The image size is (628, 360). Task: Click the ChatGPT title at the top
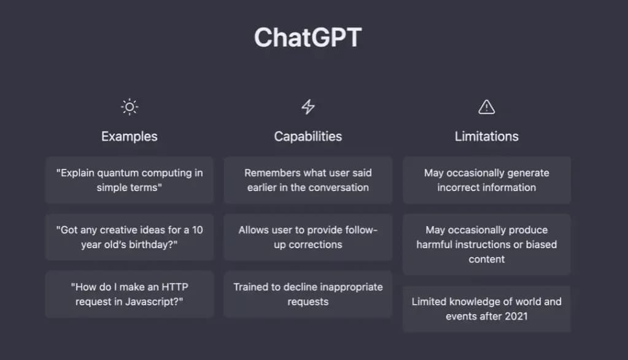tap(308, 37)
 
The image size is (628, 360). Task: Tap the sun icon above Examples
tap(130, 107)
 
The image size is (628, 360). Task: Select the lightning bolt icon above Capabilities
tap(308, 107)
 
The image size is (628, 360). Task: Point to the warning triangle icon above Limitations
tap(487, 107)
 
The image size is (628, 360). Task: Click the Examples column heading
tap(130, 136)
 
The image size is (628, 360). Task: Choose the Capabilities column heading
tap(308, 136)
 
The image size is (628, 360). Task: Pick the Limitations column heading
tap(487, 136)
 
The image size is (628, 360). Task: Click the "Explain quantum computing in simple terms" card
tap(130, 180)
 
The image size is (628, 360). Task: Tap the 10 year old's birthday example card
tap(130, 237)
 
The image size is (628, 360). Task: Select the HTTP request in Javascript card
tap(130, 294)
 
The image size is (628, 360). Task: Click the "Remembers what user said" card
tap(308, 180)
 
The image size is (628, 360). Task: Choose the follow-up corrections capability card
tap(308, 237)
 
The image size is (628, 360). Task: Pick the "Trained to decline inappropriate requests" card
tap(308, 294)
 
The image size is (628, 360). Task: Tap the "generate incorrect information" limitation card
tap(487, 180)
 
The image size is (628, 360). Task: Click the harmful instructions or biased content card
tap(487, 245)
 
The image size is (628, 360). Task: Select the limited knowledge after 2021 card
tap(487, 308)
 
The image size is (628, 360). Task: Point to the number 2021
tap(516, 316)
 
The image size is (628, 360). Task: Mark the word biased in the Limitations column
tap(541, 245)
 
